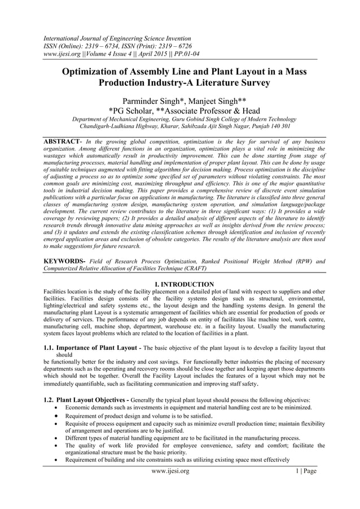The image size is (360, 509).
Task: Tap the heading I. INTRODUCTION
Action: (179, 284)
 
